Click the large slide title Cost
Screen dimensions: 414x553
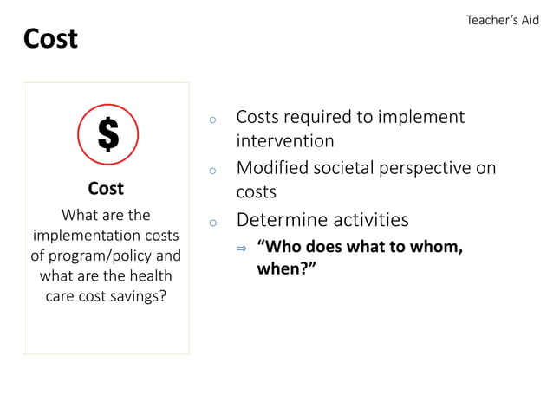[x=50, y=39]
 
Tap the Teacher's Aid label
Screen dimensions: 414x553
[x=502, y=20]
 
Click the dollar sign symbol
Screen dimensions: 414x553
[x=107, y=134]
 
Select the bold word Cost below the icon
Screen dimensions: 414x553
[x=106, y=188]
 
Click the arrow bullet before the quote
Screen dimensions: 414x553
[x=242, y=249]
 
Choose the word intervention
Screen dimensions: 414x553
[x=284, y=140]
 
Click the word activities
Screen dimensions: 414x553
[x=366, y=219]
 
